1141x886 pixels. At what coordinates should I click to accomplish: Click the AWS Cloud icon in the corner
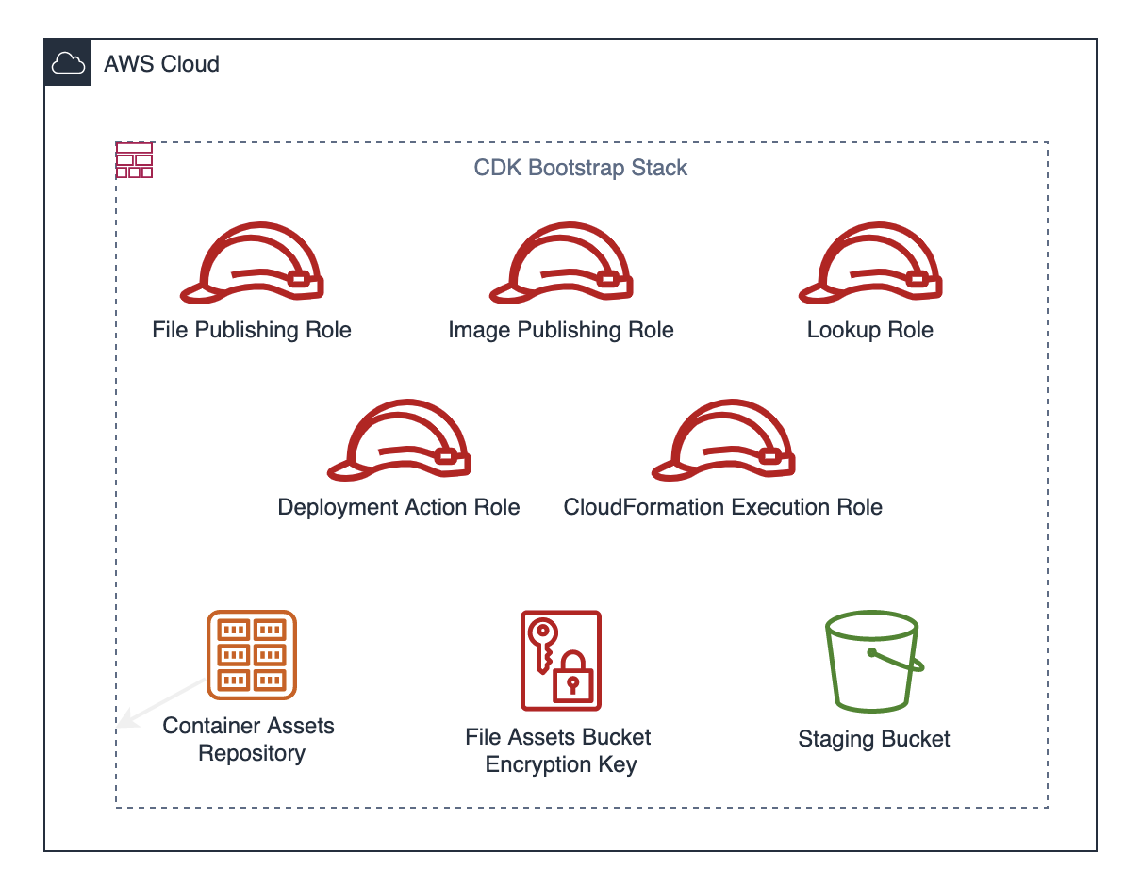pos(68,63)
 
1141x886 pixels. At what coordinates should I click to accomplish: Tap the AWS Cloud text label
pos(161,64)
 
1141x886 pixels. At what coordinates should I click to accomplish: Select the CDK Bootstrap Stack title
pos(580,168)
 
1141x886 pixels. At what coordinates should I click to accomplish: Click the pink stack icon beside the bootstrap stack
pos(134,160)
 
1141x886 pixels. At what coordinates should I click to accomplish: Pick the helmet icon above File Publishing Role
pos(252,265)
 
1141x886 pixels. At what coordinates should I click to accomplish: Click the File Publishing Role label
pos(252,330)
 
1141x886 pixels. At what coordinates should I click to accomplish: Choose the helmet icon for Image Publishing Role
pos(561,265)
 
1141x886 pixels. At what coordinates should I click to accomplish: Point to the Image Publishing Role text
pos(561,330)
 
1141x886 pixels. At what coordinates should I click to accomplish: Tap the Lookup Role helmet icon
pos(870,265)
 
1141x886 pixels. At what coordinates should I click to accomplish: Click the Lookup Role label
pos(870,330)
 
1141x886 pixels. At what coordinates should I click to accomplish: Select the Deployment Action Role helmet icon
pos(399,441)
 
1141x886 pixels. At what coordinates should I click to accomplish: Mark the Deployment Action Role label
pos(399,507)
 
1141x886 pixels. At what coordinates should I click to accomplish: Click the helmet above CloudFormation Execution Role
pos(723,441)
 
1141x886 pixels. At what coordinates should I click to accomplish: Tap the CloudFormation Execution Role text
pos(723,507)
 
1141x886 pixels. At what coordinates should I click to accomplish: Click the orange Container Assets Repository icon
pos(252,655)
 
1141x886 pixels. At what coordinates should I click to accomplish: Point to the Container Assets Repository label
pos(250,739)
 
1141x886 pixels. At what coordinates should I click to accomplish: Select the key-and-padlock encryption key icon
pos(561,660)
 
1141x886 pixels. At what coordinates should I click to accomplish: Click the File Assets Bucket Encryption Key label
pos(559,750)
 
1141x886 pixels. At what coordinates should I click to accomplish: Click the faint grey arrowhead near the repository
pos(124,723)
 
